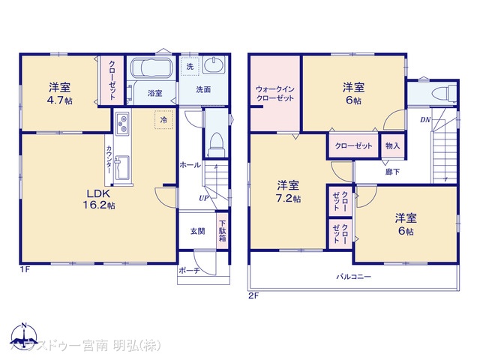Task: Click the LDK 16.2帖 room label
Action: [98, 197]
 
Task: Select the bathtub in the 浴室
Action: [152, 68]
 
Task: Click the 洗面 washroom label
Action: [203, 90]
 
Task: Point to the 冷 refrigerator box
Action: [163, 118]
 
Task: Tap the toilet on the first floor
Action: [215, 140]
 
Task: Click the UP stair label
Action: [203, 198]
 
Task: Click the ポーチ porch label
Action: [188, 271]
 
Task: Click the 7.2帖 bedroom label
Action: [288, 191]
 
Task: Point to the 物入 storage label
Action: [391, 145]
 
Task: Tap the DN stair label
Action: [425, 120]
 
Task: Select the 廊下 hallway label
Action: [392, 171]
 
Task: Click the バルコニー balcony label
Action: [353, 277]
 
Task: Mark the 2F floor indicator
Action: [253, 295]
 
